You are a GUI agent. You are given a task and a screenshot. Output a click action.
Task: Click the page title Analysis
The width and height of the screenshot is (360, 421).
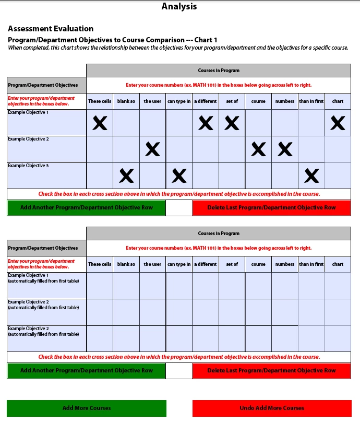179,7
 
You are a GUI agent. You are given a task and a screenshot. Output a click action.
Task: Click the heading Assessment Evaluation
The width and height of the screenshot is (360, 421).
51,29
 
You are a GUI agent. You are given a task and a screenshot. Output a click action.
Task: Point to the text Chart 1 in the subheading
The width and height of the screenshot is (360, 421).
206,40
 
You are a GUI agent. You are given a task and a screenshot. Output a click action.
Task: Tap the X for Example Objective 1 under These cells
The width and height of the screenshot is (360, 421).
100,123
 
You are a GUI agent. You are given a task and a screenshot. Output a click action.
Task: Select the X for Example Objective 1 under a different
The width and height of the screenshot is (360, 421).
206,123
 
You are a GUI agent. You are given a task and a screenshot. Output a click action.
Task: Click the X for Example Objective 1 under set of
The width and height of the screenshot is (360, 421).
232,123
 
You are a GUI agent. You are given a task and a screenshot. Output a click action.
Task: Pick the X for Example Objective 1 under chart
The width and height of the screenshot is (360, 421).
338,123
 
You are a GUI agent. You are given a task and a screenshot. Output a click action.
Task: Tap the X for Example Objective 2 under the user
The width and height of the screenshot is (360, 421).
152,150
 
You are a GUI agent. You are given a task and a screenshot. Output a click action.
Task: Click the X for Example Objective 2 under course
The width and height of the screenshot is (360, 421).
258,150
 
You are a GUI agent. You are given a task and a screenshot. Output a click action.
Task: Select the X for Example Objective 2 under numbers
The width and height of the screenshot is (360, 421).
285,150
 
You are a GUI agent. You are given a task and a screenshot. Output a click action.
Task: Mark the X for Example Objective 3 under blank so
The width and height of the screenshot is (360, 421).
126,177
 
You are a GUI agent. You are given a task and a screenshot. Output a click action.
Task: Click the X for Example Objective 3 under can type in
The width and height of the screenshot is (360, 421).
179,177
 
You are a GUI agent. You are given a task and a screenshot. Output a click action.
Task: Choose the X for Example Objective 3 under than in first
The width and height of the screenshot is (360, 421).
311,177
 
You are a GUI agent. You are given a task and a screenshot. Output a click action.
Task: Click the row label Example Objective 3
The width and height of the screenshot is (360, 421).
28,166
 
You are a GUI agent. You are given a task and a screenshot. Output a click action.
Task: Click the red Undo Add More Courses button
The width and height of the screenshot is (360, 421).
272,408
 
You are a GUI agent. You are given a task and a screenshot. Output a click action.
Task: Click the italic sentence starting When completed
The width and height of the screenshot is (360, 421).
178,48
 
